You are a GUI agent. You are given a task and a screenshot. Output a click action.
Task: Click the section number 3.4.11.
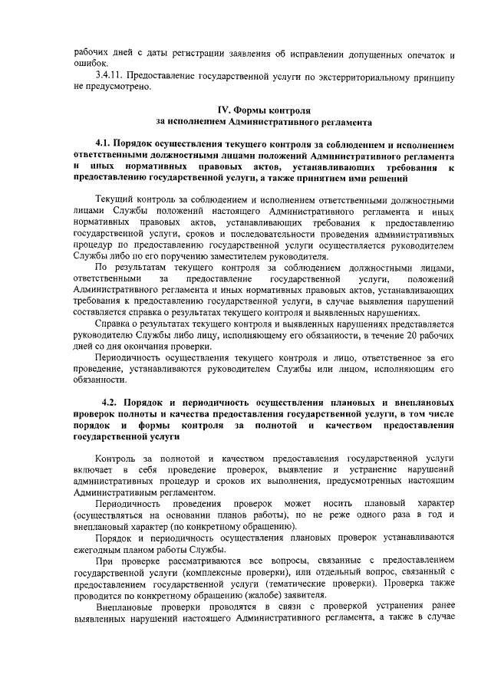click(x=109, y=75)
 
